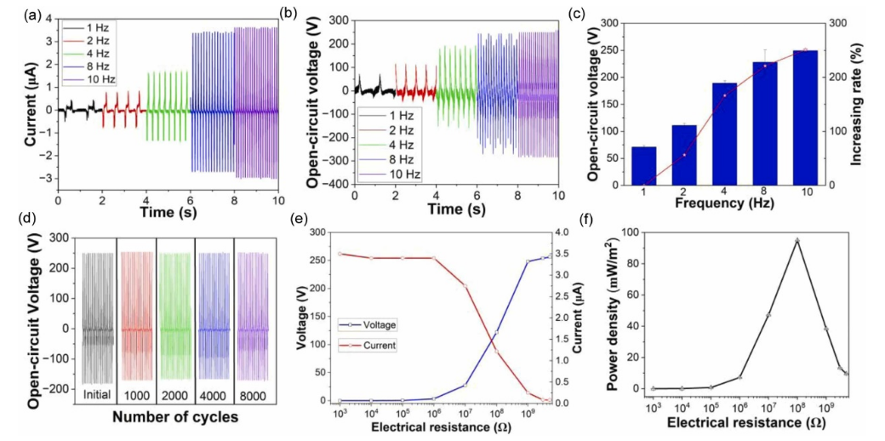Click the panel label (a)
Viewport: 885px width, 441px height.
click(13, 12)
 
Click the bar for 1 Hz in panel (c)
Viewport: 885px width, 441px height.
click(643, 166)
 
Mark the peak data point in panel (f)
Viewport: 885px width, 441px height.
click(797, 241)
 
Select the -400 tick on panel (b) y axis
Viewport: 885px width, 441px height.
click(334, 184)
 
